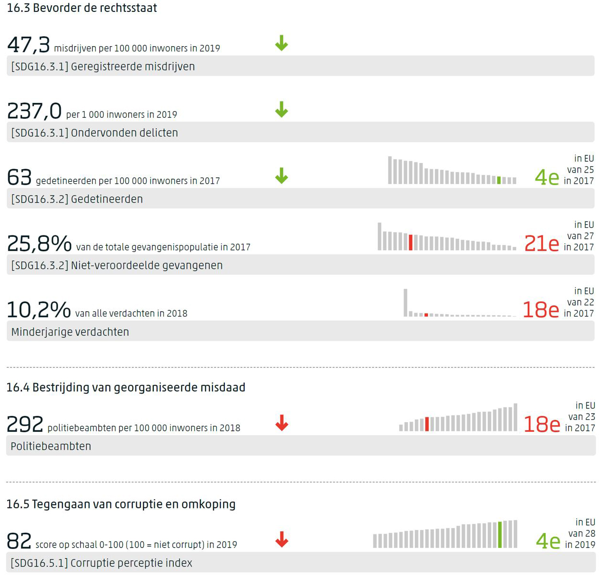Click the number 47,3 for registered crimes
click(x=28, y=45)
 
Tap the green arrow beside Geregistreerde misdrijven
click(x=281, y=43)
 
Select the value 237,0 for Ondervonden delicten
click(x=34, y=112)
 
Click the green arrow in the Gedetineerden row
click(x=281, y=176)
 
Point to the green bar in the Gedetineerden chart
click(x=499, y=180)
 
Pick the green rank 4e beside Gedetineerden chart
click(x=547, y=178)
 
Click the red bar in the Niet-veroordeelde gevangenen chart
click(x=411, y=242)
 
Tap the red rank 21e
click(x=542, y=244)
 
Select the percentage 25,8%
click(x=39, y=244)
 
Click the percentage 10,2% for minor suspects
click(x=39, y=310)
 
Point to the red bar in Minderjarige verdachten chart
click(x=426, y=315)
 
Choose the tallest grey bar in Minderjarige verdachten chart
click(x=405, y=303)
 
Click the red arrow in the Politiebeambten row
click(x=282, y=423)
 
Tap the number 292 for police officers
click(x=25, y=424)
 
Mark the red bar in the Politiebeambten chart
click(x=427, y=424)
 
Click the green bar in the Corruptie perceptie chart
click(x=500, y=535)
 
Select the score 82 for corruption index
click(x=19, y=541)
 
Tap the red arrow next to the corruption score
click(x=282, y=539)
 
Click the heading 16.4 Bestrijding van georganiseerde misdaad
click(x=126, y=387)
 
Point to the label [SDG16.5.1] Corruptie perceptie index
click(x=101, y=563)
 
